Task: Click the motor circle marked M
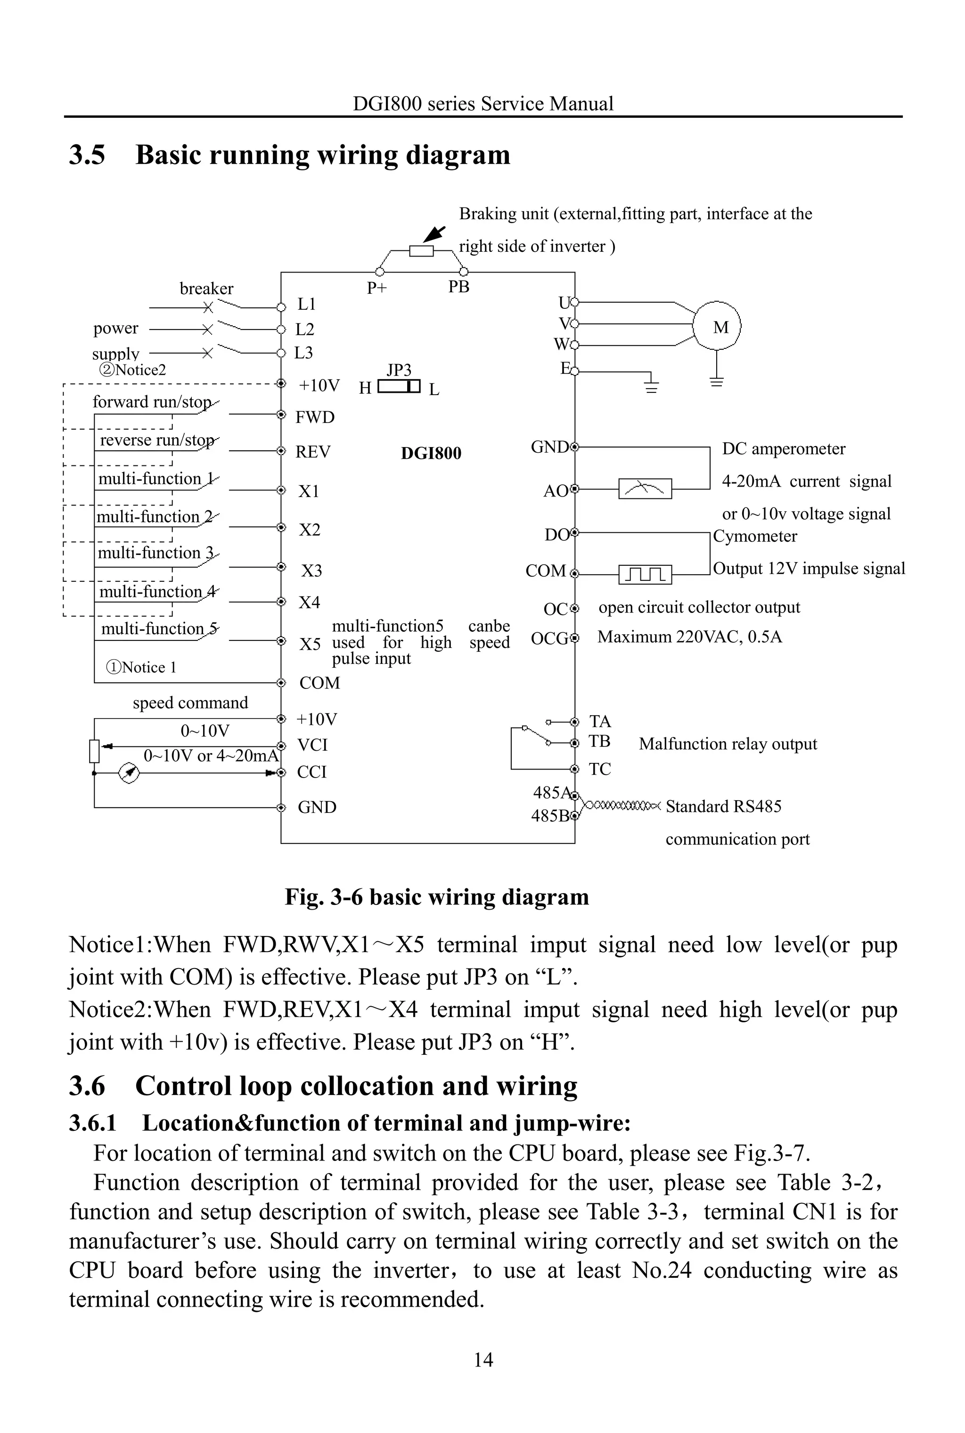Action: click(717, 326)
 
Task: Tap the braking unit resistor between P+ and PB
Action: click(422, 251)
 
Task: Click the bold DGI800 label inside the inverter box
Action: click(431, 453)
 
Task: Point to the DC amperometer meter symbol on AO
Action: click(645, 489)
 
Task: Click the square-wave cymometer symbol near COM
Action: click(645, 574)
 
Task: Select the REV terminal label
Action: click(313, 452)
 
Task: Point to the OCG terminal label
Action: click(549, 638)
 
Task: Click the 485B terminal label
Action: click(549, 816)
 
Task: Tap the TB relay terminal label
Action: click(599, 741)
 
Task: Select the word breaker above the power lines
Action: click(206, 289)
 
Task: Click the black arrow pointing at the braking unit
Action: click(434, 234)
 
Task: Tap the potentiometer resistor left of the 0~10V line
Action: click(94, 751)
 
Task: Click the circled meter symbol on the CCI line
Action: click(128, 773)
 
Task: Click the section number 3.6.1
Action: click(93, 1123)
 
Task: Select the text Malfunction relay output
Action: click(728, 744)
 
